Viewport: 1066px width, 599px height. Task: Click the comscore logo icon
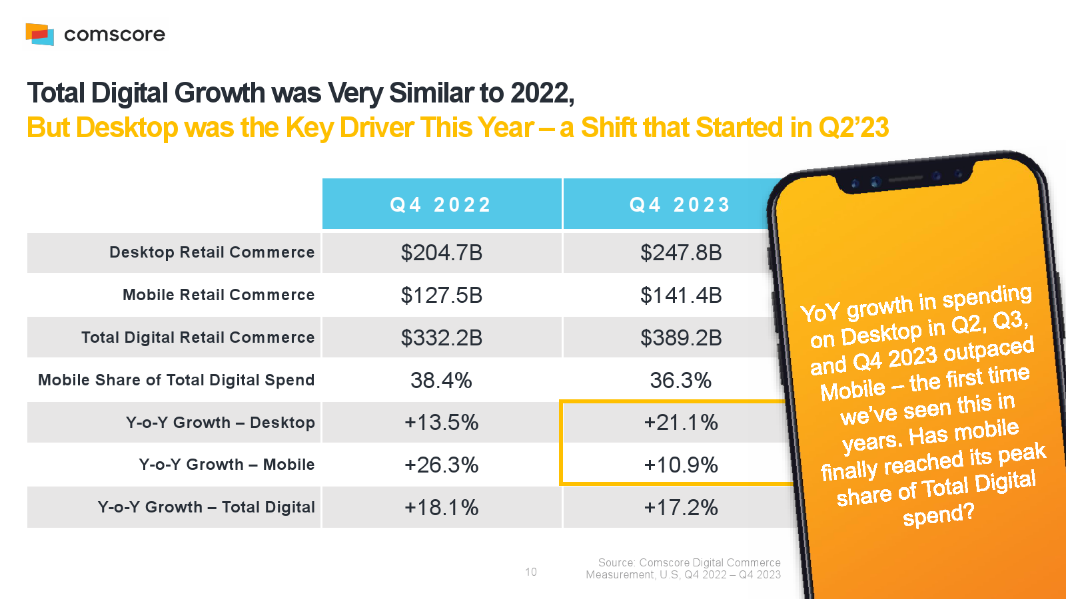(39, 34)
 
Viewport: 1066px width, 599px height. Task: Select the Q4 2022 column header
(440, 204)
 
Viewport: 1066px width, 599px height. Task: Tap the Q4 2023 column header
(680, 204)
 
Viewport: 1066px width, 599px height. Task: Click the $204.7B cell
(441, 253)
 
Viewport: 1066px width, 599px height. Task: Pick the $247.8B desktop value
(681, 253)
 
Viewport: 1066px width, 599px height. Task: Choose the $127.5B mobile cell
(441, 296)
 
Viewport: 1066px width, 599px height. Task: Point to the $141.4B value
(681, 296)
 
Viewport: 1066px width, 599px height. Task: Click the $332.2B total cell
(441, 338)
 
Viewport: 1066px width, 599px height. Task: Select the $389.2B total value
(681, 338)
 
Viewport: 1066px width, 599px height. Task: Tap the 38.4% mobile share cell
(441, 381)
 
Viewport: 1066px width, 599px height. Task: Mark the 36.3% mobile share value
(681, 381)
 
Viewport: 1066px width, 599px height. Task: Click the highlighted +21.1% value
(681, 423)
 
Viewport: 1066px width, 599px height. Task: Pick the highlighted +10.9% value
(681, 465)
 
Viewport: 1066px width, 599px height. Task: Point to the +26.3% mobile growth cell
(441, 465)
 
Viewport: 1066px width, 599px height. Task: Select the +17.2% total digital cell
(681, 508)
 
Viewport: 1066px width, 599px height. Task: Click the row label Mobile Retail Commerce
(219, 295)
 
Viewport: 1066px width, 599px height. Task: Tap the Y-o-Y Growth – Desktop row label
(220, 423)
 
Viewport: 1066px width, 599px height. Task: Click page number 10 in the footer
(531, 572)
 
